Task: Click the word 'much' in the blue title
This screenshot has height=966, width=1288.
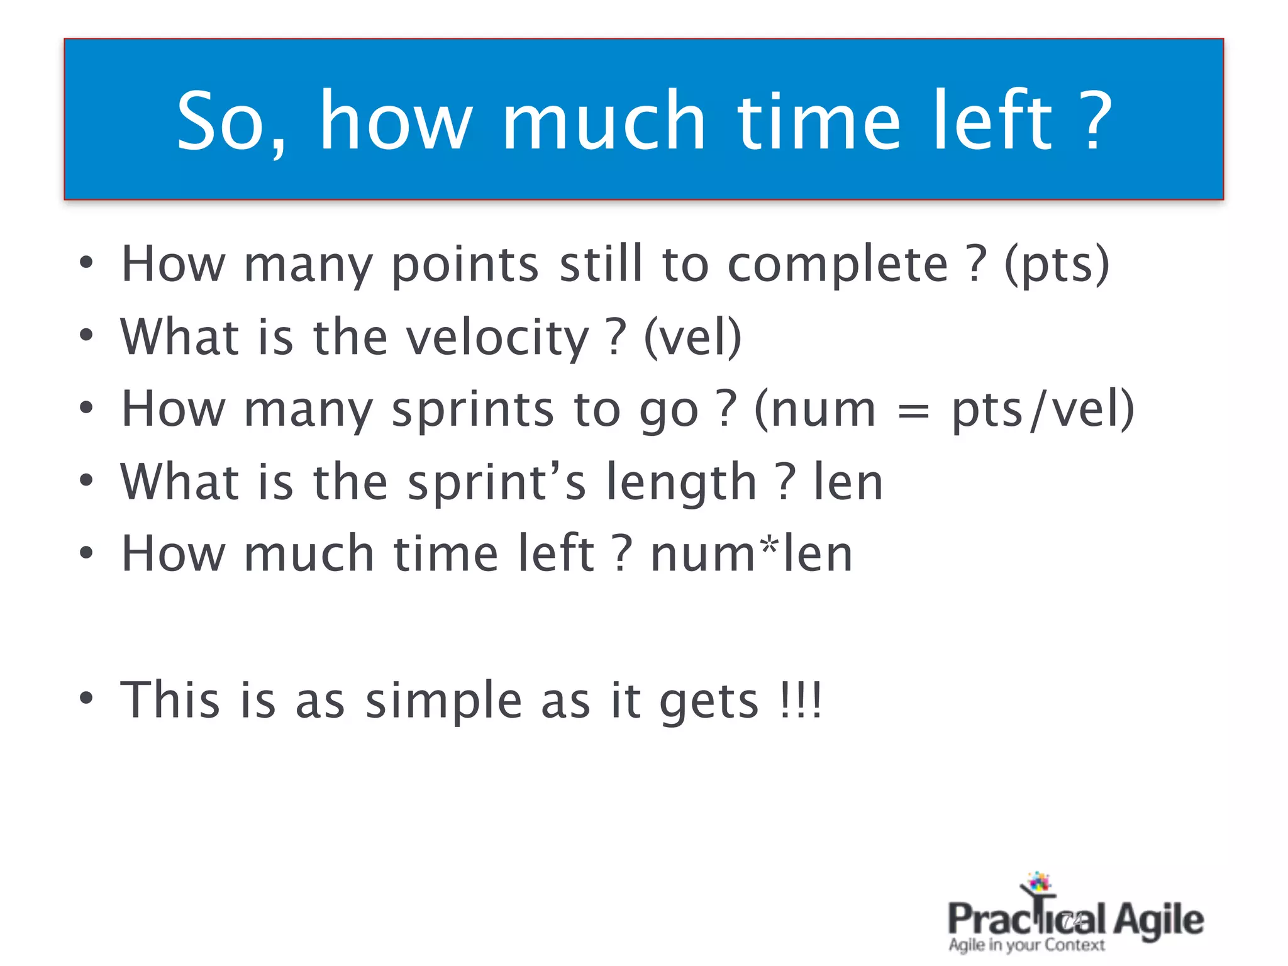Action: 603,121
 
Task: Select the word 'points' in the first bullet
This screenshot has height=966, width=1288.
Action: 465,265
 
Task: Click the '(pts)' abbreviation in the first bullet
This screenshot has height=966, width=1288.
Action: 1057,265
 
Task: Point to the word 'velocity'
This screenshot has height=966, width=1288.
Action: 497,338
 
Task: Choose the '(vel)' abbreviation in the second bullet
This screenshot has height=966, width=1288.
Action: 692,338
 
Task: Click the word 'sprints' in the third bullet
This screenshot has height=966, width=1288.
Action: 472,410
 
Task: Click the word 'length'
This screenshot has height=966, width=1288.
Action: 681,483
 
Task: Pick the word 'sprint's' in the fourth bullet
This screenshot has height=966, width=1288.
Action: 497,483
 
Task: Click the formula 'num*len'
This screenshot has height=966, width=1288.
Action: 752,555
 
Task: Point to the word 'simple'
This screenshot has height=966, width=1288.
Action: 444,702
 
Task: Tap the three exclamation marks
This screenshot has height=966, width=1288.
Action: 800,701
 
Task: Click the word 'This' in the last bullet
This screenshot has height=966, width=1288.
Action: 170,701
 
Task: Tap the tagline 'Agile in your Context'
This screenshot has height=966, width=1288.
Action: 1026,945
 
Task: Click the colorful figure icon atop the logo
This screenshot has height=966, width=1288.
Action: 1038,883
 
